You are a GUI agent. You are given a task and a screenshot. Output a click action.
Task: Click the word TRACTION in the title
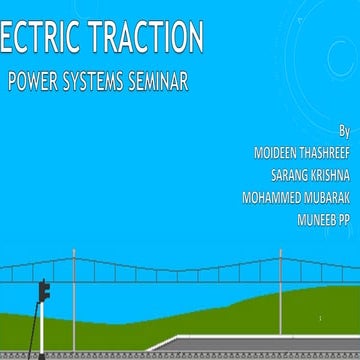point(149,38)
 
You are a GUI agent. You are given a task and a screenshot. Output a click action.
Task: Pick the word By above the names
point(344,131)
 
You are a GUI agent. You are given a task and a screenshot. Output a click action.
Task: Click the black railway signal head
point(44,291)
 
